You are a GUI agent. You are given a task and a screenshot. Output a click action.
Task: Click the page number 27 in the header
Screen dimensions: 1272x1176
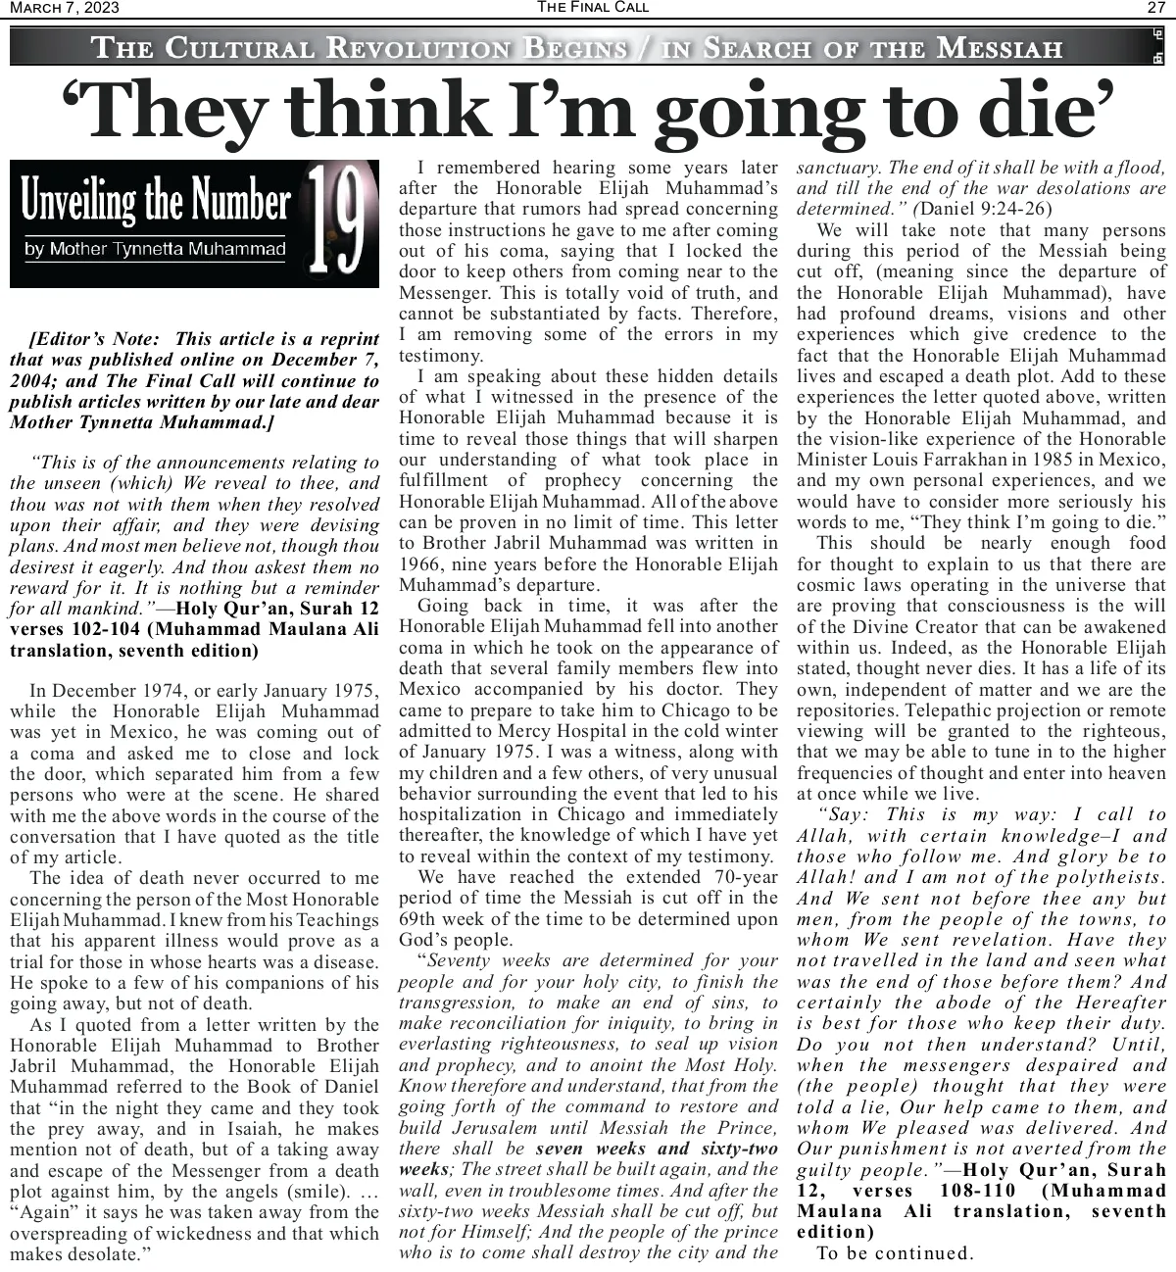(1155, 8)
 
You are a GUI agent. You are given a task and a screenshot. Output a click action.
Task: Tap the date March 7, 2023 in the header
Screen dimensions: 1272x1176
(64, 8)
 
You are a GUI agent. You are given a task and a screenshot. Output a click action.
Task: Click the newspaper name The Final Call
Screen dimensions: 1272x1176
(592, 8)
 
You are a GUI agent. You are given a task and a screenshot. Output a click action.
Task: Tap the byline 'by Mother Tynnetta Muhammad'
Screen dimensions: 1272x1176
(155, 249)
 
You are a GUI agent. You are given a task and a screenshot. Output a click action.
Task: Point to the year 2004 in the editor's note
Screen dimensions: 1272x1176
(32, 381)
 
